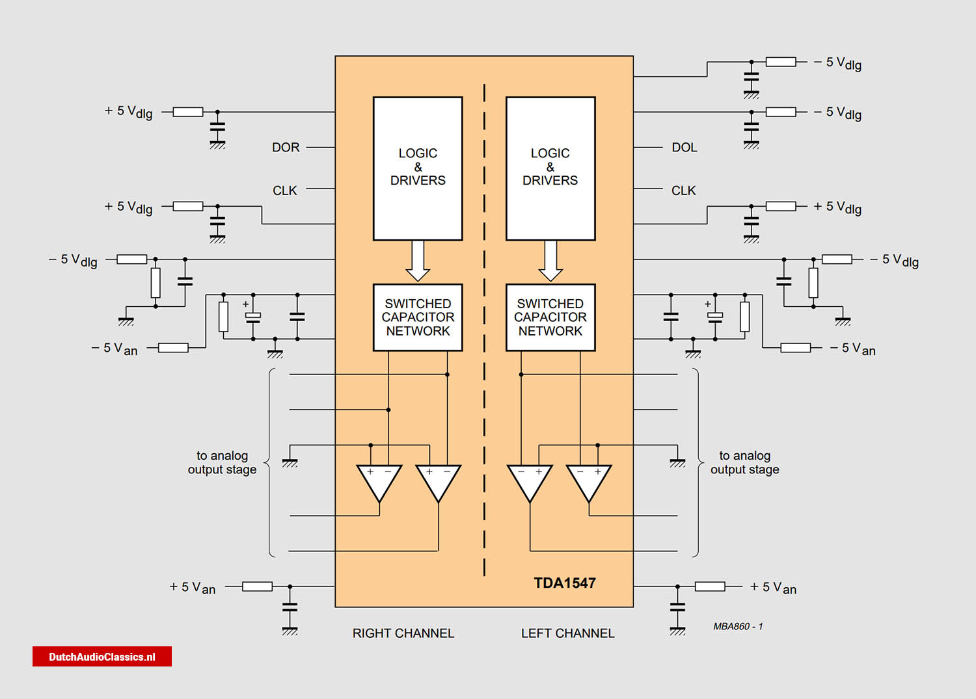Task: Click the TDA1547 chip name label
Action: [564, 583]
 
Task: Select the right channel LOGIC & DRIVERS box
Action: [418, 168]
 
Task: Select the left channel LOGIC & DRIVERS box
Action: [550, 168]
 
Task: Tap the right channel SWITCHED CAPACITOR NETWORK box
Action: [418, 317]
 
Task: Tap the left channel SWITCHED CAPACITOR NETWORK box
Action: [550, 317]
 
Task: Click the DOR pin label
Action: [286, 148]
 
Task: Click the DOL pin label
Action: [684, 148]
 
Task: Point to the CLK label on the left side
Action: [284, 191]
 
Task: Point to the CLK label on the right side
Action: [683, 191]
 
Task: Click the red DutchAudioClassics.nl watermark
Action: [102, 657]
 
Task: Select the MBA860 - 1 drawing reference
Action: [738, 626]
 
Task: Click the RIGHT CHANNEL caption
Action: [403, 633]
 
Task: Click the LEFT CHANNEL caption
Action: [567, 633]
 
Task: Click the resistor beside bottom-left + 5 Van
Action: [257, 587]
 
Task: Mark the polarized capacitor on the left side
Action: [252, 317]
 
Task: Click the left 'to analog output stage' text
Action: [222, 462]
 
